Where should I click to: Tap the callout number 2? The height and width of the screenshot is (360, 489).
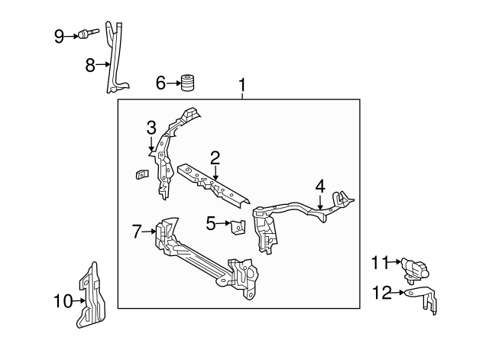[215, 157]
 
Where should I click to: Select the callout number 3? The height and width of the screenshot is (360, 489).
[151, 127]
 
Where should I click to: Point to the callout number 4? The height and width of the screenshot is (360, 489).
[320, 186]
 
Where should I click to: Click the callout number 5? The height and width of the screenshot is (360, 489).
[211, 223]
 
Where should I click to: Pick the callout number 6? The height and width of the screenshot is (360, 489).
[161, 82]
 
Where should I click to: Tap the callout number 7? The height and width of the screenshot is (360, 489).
[138, 231]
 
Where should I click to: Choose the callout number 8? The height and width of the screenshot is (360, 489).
[90, 65]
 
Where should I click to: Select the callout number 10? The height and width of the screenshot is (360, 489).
[62, 302]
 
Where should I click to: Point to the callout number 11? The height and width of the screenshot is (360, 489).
[381, 263]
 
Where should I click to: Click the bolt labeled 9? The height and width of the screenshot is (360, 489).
[86, 34]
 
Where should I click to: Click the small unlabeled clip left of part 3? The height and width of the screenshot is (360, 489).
[141, 174]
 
